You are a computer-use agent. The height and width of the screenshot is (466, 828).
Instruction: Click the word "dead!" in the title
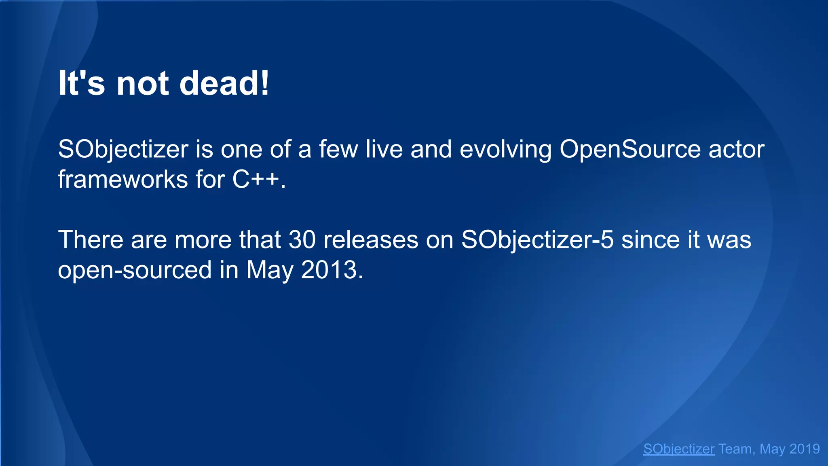[x=224, y=83]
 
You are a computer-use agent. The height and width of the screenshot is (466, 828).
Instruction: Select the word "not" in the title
[x=142, y=83]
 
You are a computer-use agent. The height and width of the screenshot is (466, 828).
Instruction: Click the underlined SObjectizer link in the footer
[x=679, y=449]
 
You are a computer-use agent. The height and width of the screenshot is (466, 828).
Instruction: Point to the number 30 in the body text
[x=302, y=239]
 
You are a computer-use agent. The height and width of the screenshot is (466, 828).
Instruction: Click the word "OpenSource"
[x=630, y=149]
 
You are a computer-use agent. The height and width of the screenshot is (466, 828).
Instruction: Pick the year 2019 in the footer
[x=805, y=449]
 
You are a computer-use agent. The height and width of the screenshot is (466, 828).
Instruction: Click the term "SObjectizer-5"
[x=537, y=239]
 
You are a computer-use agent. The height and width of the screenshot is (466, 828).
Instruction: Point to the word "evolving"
[x=506, y=149]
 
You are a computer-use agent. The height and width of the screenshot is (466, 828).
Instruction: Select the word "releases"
[x=371, y=239]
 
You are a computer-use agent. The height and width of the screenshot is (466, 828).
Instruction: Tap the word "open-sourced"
[x=135, y=270]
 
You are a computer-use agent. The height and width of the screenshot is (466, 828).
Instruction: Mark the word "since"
[x=651, y=239]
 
